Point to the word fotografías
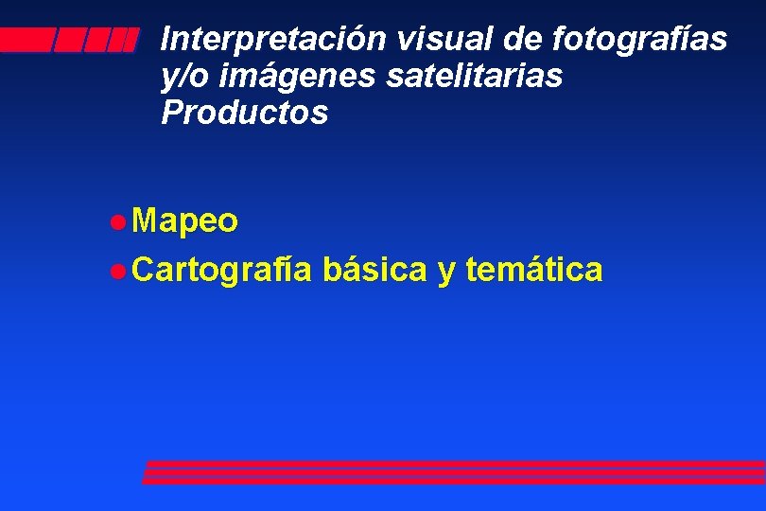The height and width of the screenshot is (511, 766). point(639,40)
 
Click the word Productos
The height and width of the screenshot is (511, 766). point(245,113)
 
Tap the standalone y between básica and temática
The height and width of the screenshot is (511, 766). point(445,273)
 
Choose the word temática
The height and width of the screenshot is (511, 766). point(534,270)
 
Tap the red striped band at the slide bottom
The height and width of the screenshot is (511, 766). point(454,471)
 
